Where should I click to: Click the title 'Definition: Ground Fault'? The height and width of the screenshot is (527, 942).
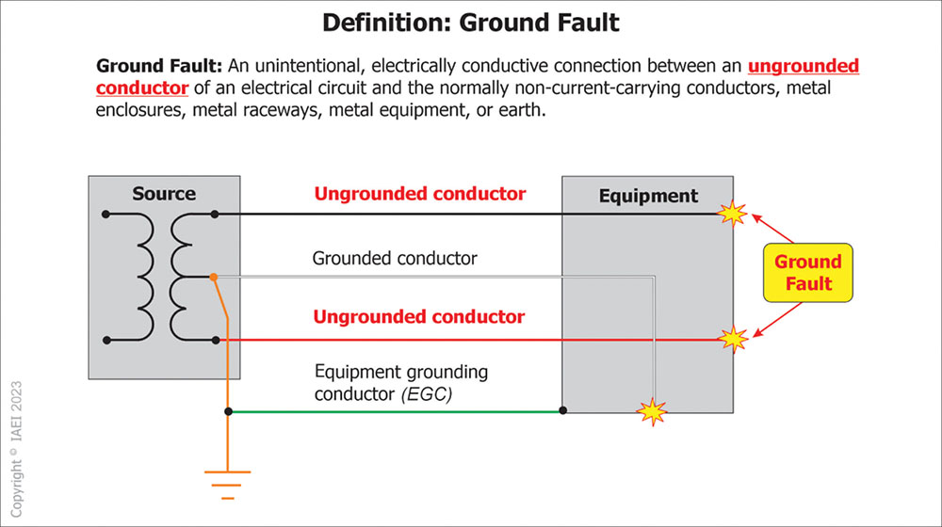471,22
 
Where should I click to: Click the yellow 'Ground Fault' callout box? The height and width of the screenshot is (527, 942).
807,273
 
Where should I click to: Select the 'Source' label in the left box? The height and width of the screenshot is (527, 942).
164,194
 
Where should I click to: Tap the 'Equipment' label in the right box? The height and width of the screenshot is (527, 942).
648,196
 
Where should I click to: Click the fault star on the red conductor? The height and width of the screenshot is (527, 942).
732,338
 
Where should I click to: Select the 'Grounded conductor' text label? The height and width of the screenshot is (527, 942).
395,258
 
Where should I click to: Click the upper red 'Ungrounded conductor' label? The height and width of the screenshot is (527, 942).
419,194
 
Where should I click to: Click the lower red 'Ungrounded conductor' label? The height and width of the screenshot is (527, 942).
419,316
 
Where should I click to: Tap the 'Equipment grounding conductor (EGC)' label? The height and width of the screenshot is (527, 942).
401,383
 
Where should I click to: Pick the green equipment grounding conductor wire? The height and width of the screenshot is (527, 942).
396,411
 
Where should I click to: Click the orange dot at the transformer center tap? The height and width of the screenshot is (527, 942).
215,277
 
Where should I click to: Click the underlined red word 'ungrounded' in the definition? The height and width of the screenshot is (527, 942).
804,67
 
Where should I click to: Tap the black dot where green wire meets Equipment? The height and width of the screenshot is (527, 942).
562,411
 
